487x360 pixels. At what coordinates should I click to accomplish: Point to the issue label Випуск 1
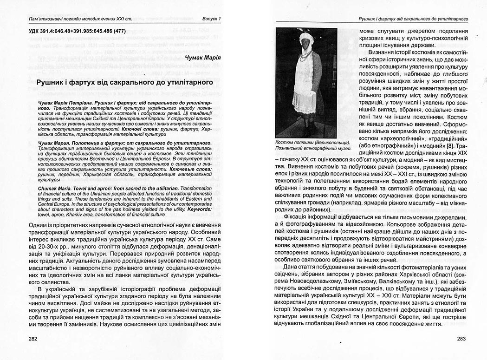point(212,19)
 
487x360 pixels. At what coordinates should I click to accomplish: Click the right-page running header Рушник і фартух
point(413,19)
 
